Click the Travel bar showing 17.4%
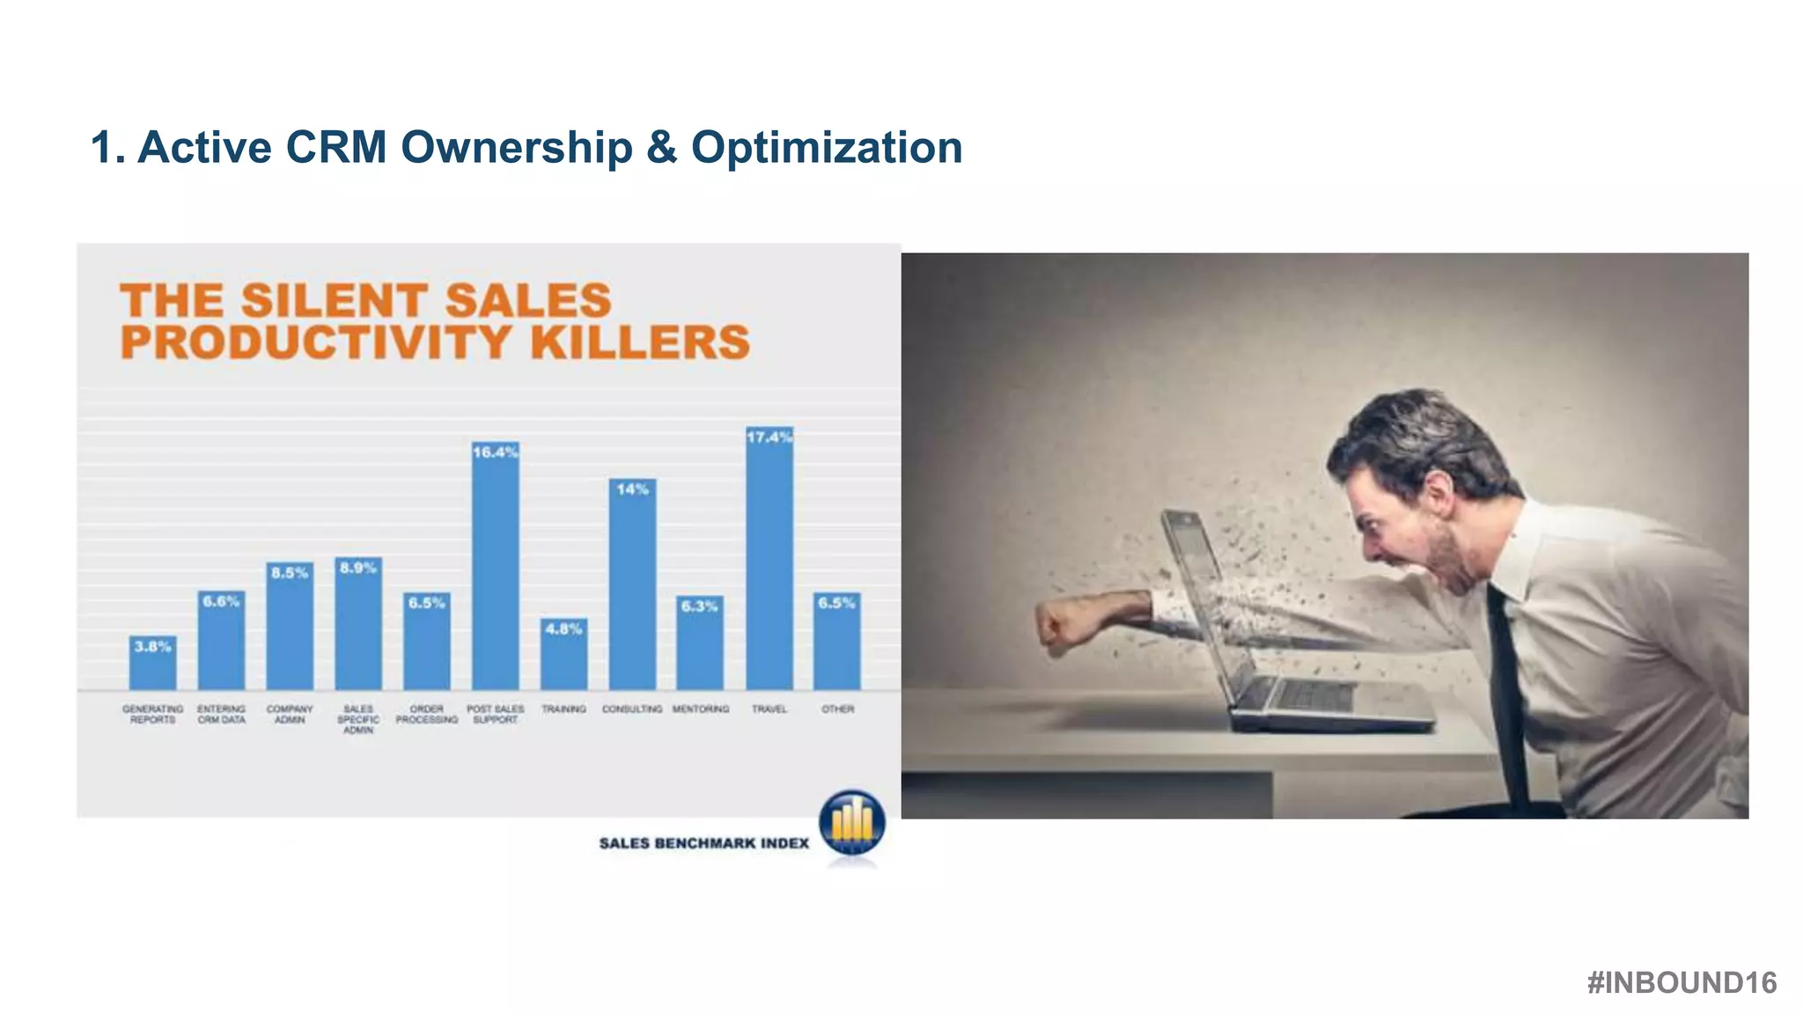point(769,563)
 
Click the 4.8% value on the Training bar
point(563,628)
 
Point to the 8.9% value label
point(358,568)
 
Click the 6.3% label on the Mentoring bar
point(700,606)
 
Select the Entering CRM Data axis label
point(221,714)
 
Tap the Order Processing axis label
point(427,714)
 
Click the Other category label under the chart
point(837,709)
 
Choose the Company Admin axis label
point(290,714)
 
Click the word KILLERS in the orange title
point(640,342)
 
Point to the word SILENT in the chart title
point(335,300)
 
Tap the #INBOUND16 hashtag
point(1682,982)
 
